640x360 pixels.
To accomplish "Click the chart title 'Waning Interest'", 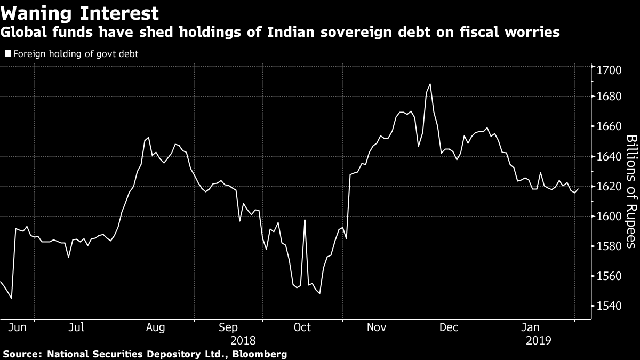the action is pyautogui.click(x=79, y=13).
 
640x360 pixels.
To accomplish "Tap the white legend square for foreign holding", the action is pyautogui.click(x=8, y=53).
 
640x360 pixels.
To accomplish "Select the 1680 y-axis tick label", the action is pyautogui.click(x=609, y=97).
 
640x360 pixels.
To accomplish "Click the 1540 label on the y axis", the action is pyautogui.click(x=609, y=306).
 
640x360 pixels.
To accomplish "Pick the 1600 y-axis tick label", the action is pyautogui.click(x=609, y=217).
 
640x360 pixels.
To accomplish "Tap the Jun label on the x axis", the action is pyautogui.click(x=17, y=327).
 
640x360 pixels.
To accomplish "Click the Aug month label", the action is pyautogui.click(x=155, y=327).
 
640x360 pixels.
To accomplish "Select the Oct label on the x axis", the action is pyautogui.click(x=302, y=327).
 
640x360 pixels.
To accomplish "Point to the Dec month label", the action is pyautogui.click(x=449, y=327).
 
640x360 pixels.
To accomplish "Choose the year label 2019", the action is pyautogui.click(x=539, y=341).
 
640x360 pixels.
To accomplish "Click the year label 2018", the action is pyautogui.click(x=243, y=341).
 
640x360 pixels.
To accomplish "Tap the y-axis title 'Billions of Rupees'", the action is pyautogui.click(x=631, y=191).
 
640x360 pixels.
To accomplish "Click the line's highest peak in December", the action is pyautogui.click(x=430, y=84).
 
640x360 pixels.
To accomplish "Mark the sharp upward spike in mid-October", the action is pyautogui.click(x=305, y=220).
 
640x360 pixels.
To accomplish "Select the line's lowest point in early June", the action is pyautogui.click(x=11, y=299).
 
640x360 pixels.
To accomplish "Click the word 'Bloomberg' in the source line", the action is pyautogui.click(x=259, y=354).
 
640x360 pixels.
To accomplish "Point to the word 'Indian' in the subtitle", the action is pyautogui.click(x=291, y=32).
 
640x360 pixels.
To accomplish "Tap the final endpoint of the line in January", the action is pyautogui.click(x=578, y=189).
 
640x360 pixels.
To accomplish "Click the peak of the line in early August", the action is pyautogui.click(x=148, y=138).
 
